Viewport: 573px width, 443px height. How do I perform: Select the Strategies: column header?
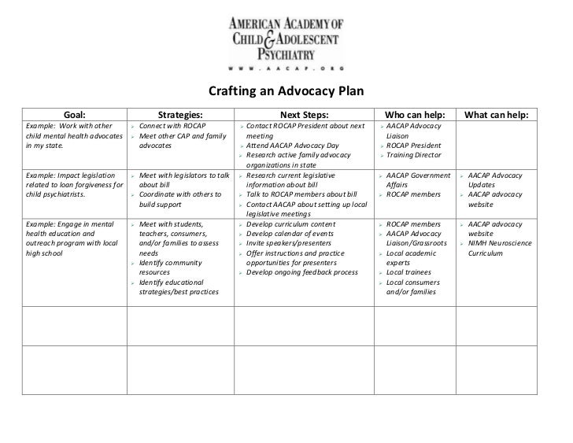pos(180,115)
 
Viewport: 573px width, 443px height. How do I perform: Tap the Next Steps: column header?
pos(303,115)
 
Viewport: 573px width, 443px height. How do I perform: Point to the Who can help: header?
pos(414,115)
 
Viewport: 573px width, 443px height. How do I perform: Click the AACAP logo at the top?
pos(286,39)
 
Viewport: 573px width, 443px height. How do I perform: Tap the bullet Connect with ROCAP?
pos(172,126)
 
